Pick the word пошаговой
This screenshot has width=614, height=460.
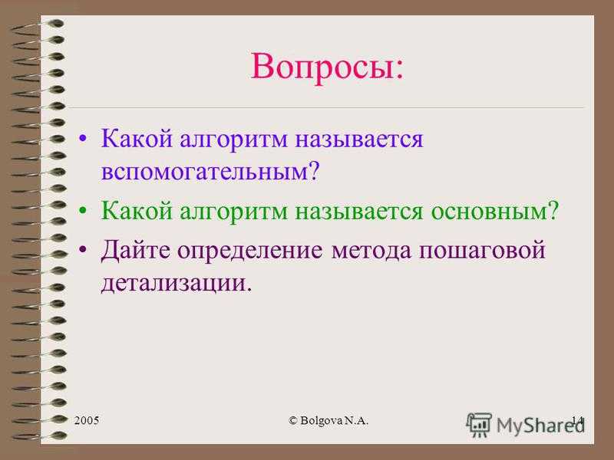482,250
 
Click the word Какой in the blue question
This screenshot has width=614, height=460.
137,139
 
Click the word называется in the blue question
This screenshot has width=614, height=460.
359,140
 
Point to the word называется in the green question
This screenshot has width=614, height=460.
359,212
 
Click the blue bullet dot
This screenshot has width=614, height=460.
82,139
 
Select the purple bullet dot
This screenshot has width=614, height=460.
82,250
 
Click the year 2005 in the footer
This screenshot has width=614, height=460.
87,420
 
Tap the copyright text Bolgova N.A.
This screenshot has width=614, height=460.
328,420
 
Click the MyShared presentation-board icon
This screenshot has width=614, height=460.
478,425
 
